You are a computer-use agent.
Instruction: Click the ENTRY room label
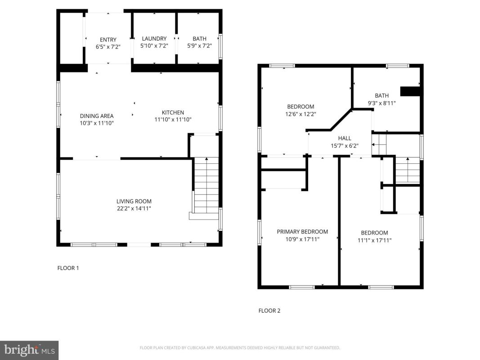click(108, 40)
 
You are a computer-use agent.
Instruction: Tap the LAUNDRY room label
click(154, 39)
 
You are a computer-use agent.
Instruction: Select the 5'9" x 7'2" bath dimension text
click(200, 46)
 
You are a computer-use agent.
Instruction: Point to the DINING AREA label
click(97, 116)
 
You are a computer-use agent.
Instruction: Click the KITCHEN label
click(173, 112)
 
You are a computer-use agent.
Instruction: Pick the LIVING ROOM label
click(134, 201)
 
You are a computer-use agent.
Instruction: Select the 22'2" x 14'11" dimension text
click(134, 208)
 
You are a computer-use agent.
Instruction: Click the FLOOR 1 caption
click(68, 268)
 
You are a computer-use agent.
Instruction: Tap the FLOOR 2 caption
click(269, 310)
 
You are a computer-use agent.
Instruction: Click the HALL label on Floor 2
click(345, 138)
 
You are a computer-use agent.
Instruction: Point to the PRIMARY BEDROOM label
click(302, 232)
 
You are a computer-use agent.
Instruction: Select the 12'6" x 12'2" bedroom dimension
click(301, 114)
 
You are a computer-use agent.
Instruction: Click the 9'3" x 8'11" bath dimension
click(382, 103)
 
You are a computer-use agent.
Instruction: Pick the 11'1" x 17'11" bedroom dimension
click(374, 240)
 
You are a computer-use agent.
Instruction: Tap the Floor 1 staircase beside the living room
click(206, 185)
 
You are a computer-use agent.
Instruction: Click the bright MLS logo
click(29, 350)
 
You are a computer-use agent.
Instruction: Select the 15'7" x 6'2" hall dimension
click(345, 146)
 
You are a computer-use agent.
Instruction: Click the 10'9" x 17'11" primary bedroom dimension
click(302, 239)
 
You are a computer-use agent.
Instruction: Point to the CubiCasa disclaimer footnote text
click(240, 348)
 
